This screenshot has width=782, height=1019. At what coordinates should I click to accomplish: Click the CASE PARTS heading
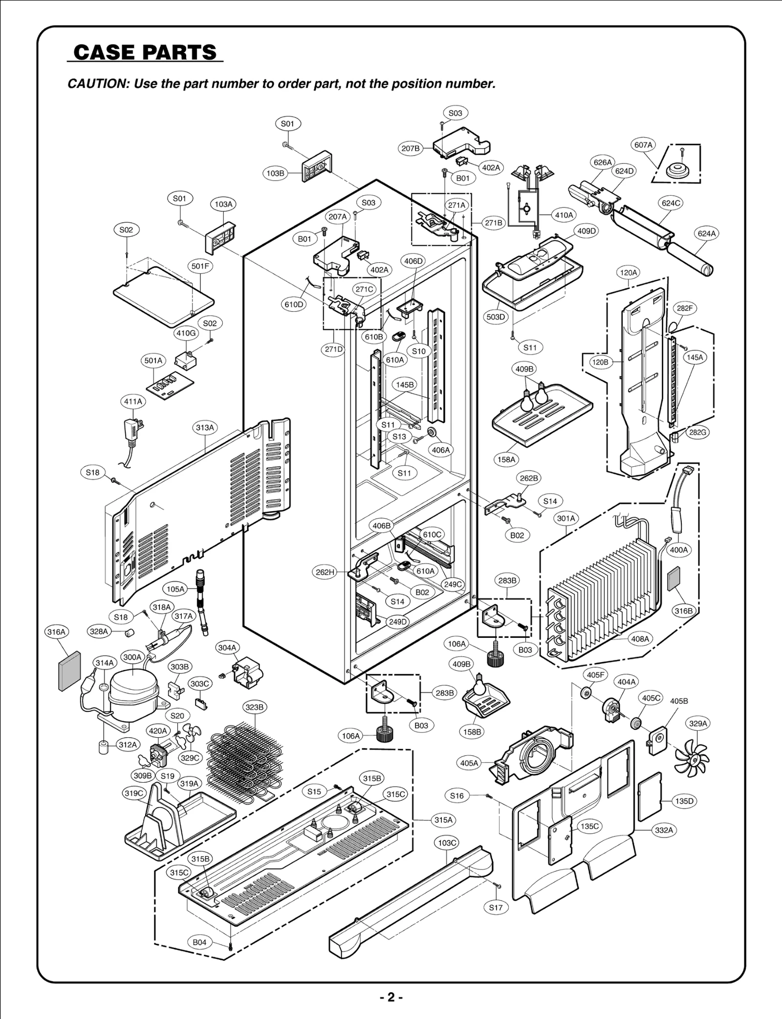(x=145, y=52)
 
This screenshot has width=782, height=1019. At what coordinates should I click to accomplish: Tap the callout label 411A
(x=133, y=402)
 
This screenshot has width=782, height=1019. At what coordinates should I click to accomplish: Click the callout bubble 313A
(x=205, y=428)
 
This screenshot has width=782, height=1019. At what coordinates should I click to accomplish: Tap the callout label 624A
(x=706, y=234)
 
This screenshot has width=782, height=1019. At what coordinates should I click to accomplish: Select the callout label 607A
(x=643, y=145)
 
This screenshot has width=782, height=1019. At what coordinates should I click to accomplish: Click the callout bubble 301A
(x=566, y=518)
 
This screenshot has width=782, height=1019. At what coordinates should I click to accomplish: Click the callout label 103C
(x=447, y=842)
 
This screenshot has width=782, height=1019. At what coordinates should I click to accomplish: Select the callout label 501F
(x=200, y=266)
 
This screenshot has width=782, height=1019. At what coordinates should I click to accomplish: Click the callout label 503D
(x=496, y=317)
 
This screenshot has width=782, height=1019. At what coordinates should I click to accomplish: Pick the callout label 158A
(x=506, y=459)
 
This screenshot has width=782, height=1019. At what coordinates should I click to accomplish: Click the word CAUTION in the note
(x=97, y=84)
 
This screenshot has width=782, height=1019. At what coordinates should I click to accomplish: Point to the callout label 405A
(x=470, y=763)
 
